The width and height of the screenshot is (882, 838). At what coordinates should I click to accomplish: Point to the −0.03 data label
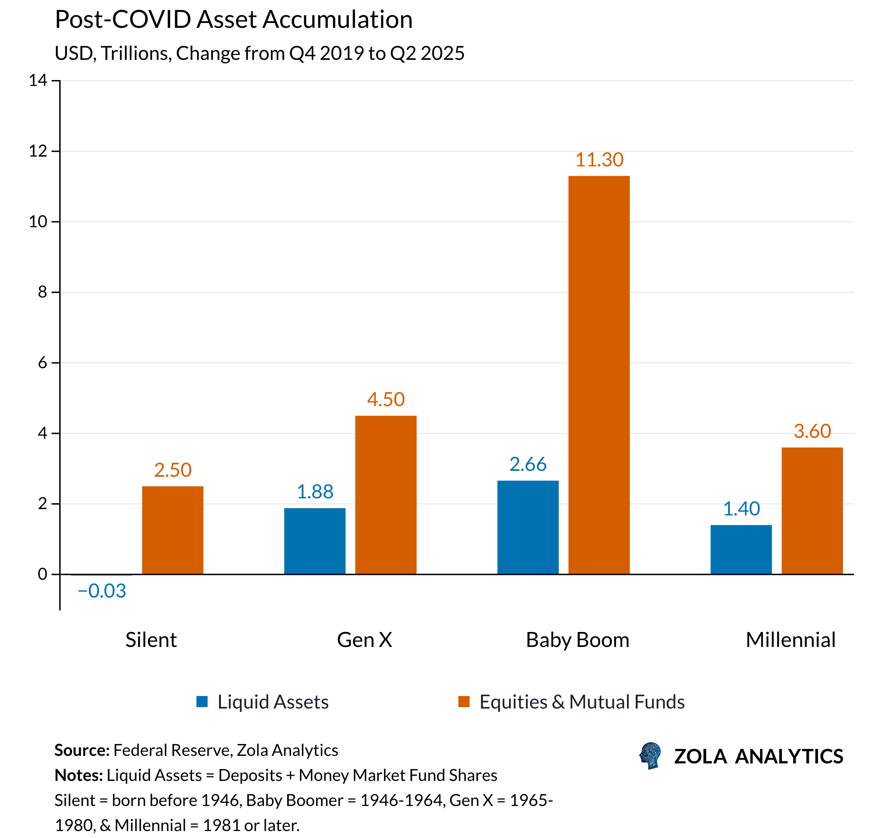click(x=102, y=591)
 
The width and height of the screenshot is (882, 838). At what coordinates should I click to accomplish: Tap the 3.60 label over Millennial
click(x=812, y=431)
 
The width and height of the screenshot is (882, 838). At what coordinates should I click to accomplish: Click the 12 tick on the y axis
click(x=38, y=151)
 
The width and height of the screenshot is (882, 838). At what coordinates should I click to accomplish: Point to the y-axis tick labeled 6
click(x=42, y=363)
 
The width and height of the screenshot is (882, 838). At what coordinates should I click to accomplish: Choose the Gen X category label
click(x=364, y=640)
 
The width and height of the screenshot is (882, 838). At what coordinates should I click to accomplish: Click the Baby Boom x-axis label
click(x=577, y=640)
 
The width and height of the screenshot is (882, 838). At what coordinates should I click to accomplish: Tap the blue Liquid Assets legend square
click(x=202, y=702)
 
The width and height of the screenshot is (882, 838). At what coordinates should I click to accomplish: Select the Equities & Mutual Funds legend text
click(x=582, y=702)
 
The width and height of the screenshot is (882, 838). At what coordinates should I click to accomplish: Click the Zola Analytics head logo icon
click(x=650, y=756)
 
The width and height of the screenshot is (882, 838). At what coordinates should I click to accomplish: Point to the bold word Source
click(x=82, y=750)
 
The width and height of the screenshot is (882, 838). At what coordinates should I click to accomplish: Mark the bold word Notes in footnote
click(x=79, y=775)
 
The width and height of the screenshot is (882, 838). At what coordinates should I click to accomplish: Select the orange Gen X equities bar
click(x=386, y=495)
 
